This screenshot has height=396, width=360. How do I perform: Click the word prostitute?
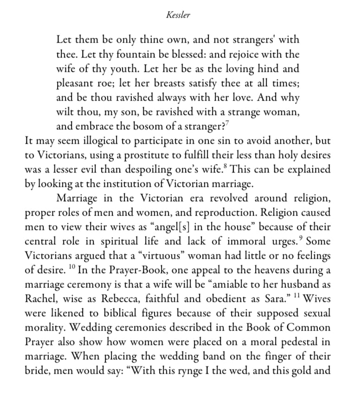(x=166, y=155)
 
